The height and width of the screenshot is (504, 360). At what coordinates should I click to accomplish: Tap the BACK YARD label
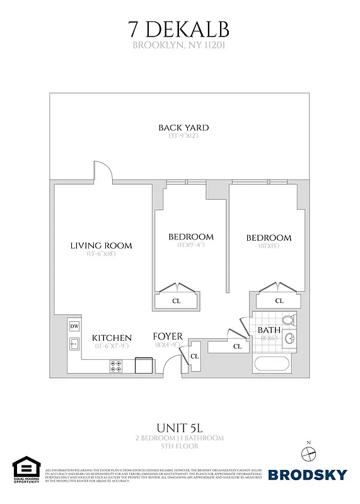pyautogui.click(x=183, y=128)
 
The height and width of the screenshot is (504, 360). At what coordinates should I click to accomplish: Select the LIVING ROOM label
pyautogui.click(x=101, y=245)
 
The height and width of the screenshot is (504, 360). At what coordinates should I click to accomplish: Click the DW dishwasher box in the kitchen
pyautogui.click(x=74, y=326)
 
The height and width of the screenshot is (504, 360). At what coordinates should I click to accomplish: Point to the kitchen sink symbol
pyautogui.click(x=74, y=344)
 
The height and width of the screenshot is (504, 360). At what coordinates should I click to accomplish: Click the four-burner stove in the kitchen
pyautogui.click(x=117, y=364)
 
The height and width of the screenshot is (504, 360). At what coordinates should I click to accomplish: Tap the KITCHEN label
pyautogui.click(x=112, y=338)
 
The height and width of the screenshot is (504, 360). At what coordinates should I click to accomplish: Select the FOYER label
pyautogui.click(x=168, y=337)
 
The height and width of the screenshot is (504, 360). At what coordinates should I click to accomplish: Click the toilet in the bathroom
pyautogui.click(x=288, y=319)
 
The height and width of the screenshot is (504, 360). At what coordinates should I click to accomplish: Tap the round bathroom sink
pyautogui.click(x=291, y=340)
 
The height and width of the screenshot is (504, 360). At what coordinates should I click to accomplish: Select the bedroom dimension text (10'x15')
pyautogui.click(x=269, y=246)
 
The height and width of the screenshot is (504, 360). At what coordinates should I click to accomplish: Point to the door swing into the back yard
pyautogui.click(x=105, y=170)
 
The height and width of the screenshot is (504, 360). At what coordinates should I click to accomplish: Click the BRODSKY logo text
pyautogui.click(x=308, y=474)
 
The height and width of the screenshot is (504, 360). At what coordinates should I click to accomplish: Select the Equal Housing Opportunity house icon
pyautogui.click(x=25, y=466)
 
